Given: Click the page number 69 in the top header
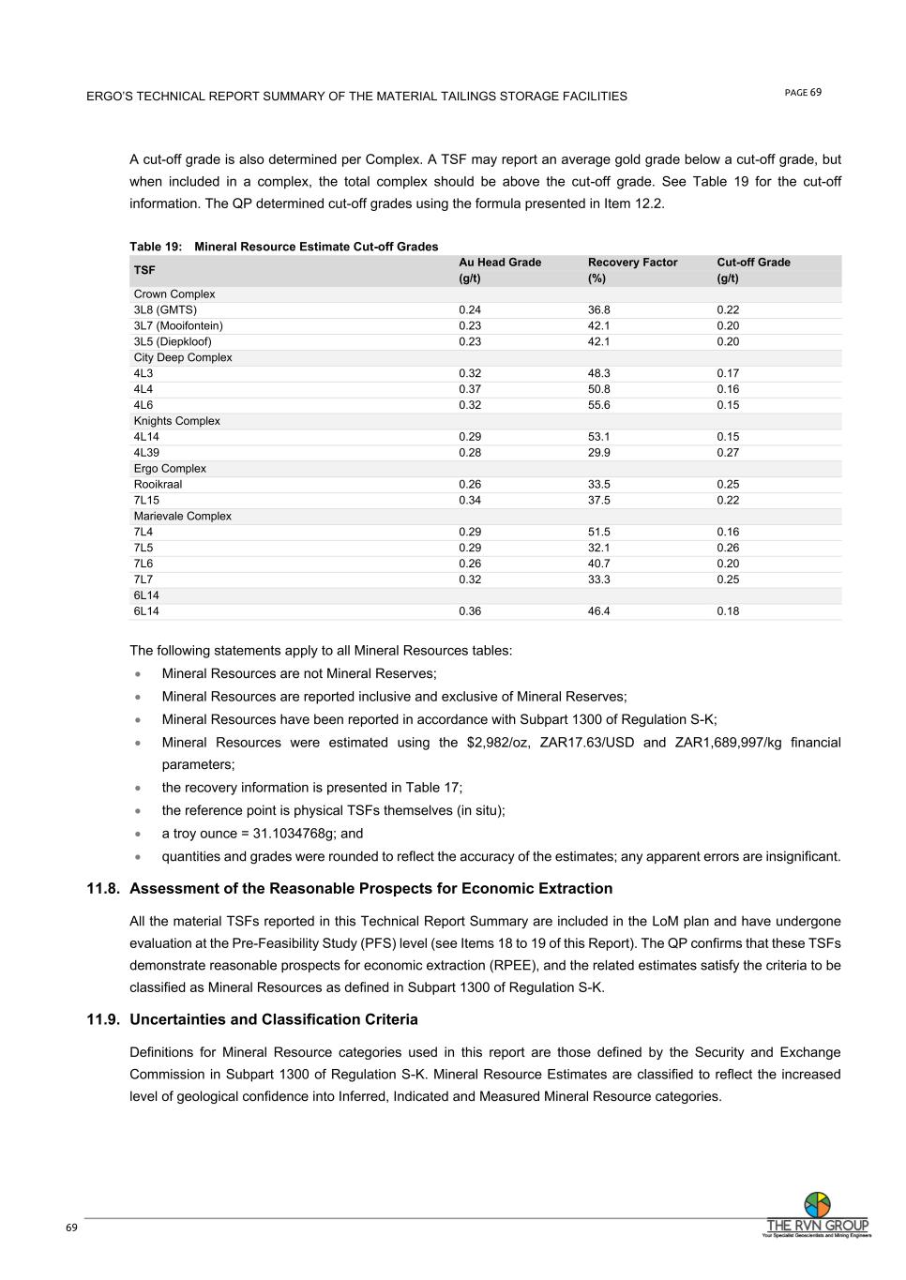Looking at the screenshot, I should [x=816, y=92].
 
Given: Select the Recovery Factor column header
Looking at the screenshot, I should [x=632, y=263].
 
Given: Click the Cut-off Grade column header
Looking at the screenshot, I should [x=753, y=263].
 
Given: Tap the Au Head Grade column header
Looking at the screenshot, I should [x=499, y=263].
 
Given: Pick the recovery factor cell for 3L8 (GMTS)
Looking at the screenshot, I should [x=599, y=310].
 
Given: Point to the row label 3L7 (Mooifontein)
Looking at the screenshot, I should [x=178, y=326].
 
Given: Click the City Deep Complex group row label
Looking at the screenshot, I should [x=183, y=358].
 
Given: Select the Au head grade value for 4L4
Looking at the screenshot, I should [x=470, y=389].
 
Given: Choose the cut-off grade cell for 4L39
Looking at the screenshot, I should [x=728, y=453].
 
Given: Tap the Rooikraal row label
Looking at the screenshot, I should [x=158, y=485].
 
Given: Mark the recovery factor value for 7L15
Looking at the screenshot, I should [x=599, y=501].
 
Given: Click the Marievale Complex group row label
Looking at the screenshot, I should [x=182, y=517].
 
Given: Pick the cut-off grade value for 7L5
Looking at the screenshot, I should [x=728, y=549].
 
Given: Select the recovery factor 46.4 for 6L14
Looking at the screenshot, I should [x=599, y=611].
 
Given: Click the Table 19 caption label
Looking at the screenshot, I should [x=156, y=247].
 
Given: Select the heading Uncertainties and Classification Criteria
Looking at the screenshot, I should [x=274, y=1020].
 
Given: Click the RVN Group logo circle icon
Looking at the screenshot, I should [x=818, y=1205].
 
